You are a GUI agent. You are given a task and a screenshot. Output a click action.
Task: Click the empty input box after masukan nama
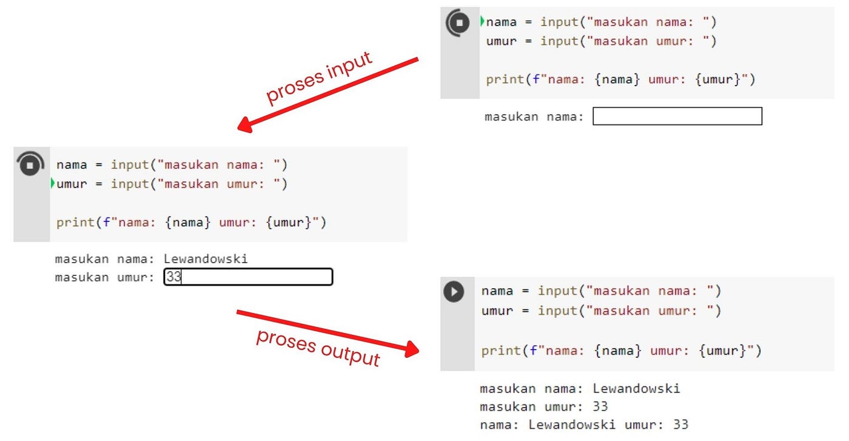(x=677, y=116)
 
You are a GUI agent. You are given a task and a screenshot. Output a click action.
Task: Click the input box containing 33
(x=248, y=277)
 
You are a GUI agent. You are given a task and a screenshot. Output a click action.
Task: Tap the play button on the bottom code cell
(x=454, y=291)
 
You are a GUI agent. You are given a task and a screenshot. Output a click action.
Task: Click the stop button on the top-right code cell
(x=458, y=23)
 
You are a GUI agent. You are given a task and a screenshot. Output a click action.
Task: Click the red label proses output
(x=318, y=348)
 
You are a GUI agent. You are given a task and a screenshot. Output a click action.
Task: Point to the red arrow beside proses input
(x=328, y=94)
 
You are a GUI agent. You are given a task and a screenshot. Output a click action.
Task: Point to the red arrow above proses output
(x=327, y=331)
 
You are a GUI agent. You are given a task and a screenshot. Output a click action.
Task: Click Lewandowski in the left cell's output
(x=206, y=259)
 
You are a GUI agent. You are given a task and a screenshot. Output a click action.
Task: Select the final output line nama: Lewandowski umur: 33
(x=584, y=425)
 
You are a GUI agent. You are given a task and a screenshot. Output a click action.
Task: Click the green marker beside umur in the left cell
(x=53, y=183)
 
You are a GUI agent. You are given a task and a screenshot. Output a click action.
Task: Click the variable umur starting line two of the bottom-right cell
(x=497, y=311)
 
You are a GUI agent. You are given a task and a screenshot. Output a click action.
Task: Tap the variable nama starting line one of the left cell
(x=72, y=165)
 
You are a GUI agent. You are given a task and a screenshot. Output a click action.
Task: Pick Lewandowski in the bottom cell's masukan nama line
(x=636, y=389)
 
